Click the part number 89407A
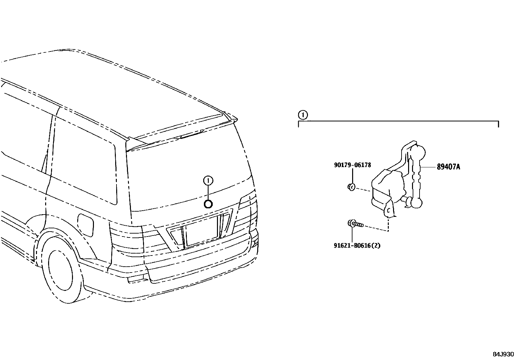point(448,167)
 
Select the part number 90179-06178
point(352,165)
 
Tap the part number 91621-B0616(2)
point(357,245)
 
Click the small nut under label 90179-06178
point(351,187)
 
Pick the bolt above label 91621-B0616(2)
point(355,224)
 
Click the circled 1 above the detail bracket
point(303,115)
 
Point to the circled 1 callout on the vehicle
point(208,180)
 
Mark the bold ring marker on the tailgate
point(208,204)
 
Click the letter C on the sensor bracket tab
point(389,211)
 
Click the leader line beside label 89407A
point(429,167)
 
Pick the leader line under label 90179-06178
point(352,177)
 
